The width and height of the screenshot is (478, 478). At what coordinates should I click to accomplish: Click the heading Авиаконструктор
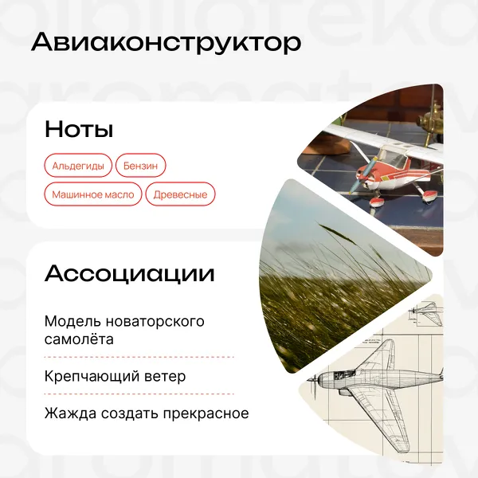[167, 43]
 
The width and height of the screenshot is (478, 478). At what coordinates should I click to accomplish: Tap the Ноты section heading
[79, 129]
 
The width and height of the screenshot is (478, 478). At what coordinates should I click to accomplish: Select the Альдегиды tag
[78, 166]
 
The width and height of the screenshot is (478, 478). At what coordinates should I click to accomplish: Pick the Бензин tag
[140, 166]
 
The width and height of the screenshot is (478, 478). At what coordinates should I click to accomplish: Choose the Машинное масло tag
[93, 194]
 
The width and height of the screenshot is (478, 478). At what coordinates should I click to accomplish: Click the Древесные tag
[180, 194]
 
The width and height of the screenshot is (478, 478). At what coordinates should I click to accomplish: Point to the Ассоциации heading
[130, 273]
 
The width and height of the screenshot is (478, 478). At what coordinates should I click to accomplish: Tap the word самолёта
[79, 339]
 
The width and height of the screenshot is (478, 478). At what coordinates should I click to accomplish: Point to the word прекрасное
[206, 413]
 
